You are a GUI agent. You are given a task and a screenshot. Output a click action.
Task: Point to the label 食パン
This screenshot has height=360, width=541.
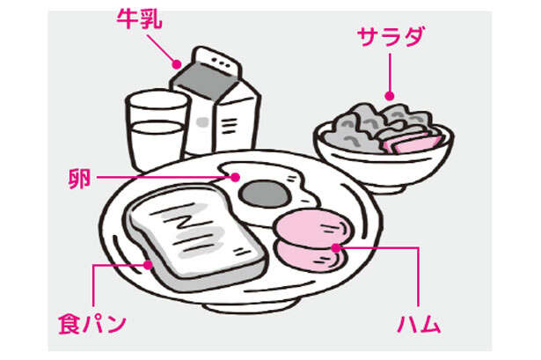[x=92, y=324]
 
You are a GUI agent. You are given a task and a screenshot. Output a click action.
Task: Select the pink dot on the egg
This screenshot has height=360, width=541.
[x=238, y=176]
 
